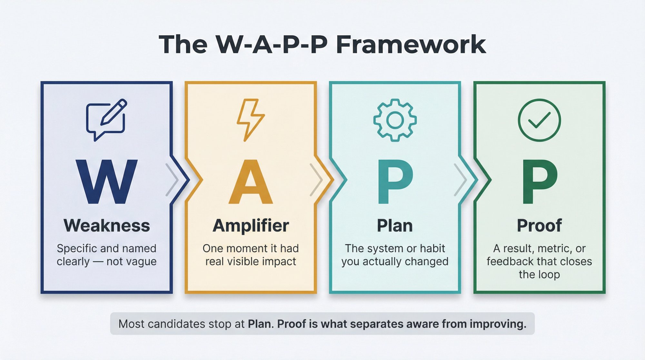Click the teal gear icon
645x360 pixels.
pyautogui.click(x=395, y=120)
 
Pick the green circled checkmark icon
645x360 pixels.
pyautogui.click(x=539, y=120)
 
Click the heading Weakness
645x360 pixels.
pyautogui.click(x=106, y=225)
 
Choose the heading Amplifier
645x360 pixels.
pyautogui.click(x=251, y=225)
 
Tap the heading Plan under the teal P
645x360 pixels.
pyautogui.click(x=395, y=225)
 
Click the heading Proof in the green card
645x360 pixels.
pyautogui.click(x=539, y=225)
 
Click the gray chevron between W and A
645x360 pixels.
pyautogui.click(x=172, y=180)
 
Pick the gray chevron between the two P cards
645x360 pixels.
pyautogui.click(x=461, y=180)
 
